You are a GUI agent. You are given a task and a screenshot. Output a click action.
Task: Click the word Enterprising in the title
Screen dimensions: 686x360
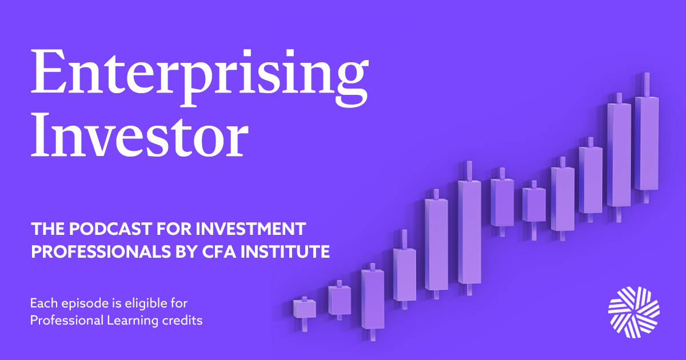tap(200, 78)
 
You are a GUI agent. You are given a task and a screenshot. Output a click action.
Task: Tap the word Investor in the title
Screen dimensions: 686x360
tap(139, 135)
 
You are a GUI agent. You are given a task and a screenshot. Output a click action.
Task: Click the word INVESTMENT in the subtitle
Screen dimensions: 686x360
tap(251, 229)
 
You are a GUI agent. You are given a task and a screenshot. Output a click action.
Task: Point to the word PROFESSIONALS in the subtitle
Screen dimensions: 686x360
tap(101, 251)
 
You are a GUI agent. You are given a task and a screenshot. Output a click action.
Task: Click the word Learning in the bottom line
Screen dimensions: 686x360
tap(133, 321)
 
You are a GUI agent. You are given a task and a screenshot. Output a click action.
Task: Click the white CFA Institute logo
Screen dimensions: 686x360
tap(634, 312)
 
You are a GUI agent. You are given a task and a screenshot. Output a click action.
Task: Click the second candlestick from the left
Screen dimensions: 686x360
tap(340, 301)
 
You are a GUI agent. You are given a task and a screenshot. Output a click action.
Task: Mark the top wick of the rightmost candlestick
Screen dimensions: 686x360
tap(647, 85)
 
